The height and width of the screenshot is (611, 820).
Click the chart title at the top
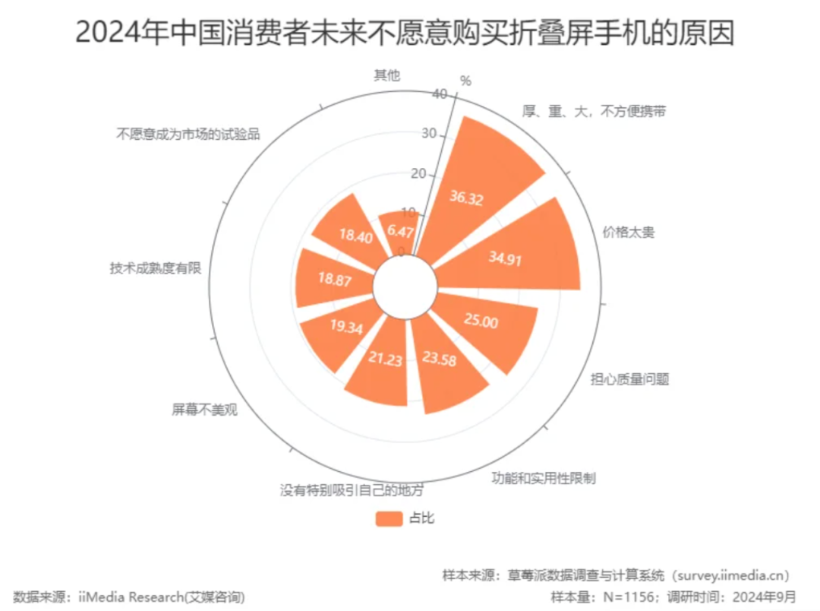point(405,33)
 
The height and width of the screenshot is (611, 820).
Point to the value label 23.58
point(440,359)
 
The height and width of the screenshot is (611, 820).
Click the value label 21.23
point(386,359)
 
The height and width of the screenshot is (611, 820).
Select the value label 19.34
point(346,327)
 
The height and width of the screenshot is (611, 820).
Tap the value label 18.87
point(335,279)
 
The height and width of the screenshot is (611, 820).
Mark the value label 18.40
point(355,236)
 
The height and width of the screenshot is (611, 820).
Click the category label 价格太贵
point(629,232)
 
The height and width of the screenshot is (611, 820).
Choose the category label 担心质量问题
point(629,379)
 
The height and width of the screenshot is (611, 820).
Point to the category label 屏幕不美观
point(204,409)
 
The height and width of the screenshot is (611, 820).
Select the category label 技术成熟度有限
point(156,268)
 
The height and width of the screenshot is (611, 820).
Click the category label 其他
point(387,75)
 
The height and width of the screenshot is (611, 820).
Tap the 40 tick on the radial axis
point(440,93)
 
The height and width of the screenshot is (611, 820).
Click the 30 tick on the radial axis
point(429,134)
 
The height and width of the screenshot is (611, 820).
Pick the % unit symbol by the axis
point(465,81)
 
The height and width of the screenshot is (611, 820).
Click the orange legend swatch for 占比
point(389,518)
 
